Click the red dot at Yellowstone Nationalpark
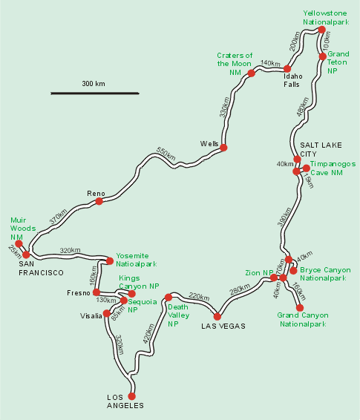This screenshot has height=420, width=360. click(321, 30)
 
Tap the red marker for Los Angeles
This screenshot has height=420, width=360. click(131, 396)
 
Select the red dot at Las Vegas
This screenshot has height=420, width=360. click(217, 317)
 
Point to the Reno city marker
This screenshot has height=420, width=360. click(99, 201)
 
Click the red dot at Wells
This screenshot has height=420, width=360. click(223, 148)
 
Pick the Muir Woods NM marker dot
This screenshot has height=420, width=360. click(19, 243)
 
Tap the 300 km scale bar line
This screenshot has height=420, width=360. click(95, 93)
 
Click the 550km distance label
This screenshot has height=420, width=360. click(166, 154)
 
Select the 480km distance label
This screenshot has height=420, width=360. click(303, 107)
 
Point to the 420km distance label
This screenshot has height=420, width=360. click(148, 333)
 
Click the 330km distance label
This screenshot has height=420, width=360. click(224, 107)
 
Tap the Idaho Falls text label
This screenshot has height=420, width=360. click(293, 80)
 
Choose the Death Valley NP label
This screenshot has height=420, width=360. click(178, 315)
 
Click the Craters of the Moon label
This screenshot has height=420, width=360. click(235, 64)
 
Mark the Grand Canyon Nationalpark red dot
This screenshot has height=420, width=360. click(300, 307)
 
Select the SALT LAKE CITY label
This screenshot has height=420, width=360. click(321, 149)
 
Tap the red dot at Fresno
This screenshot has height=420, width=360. click(96, 292)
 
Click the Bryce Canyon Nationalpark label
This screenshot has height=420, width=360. click(325, 274)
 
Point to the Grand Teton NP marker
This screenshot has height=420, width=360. click(323, 56)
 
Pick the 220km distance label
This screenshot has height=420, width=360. click(199, 297)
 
